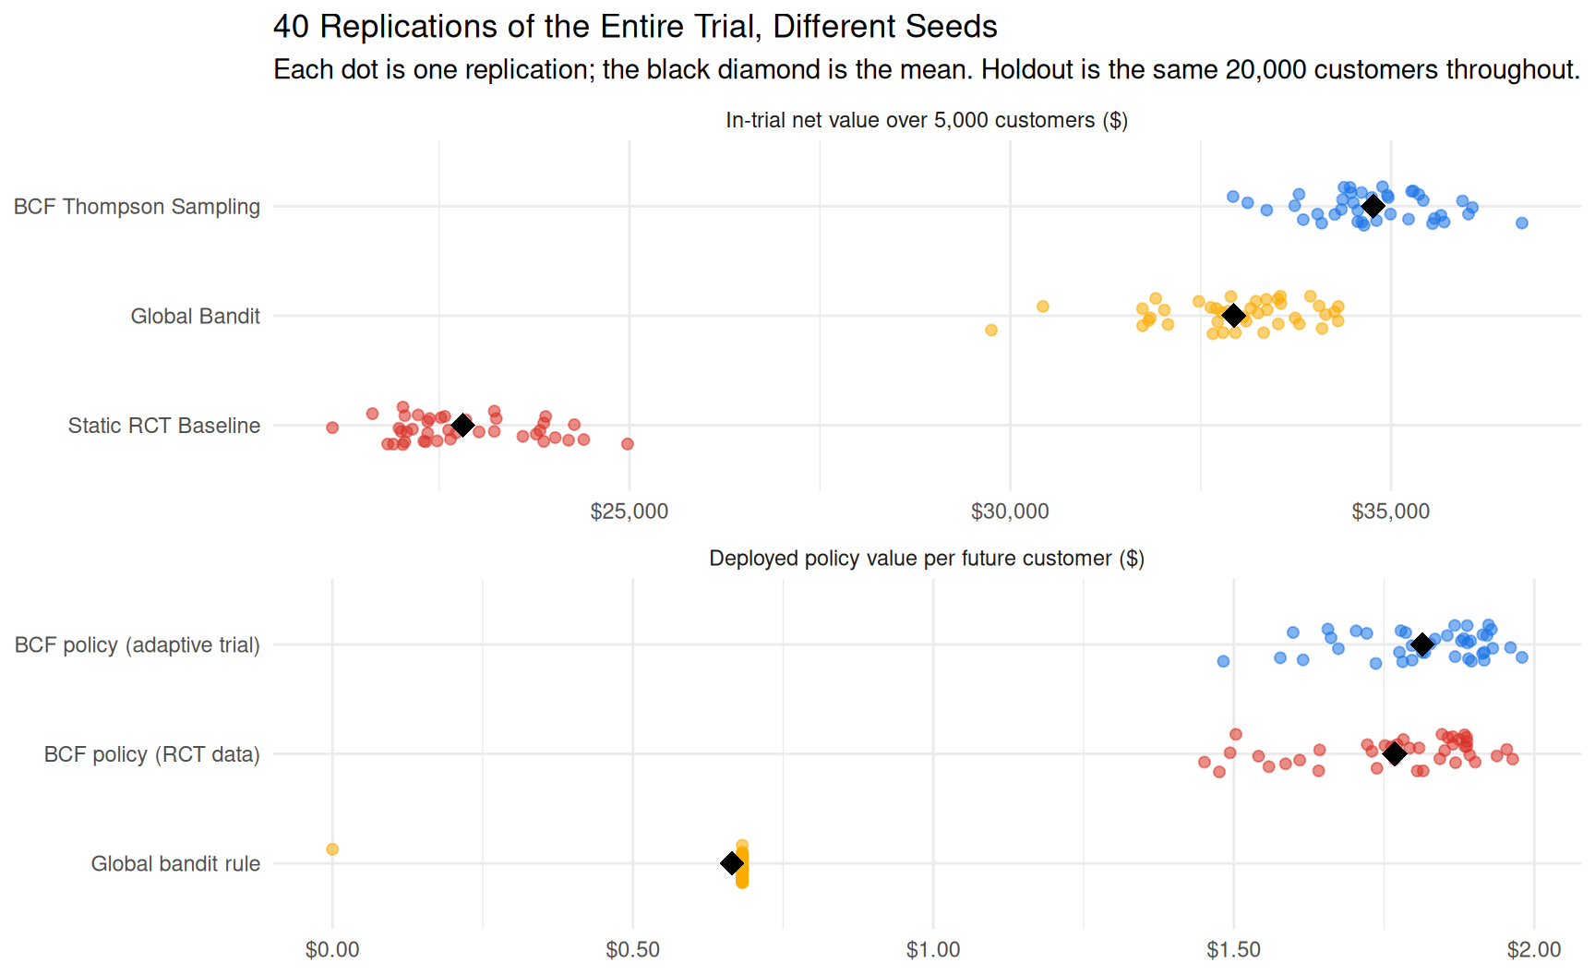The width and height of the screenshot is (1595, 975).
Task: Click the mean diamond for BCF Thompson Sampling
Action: [x=1373, y=206]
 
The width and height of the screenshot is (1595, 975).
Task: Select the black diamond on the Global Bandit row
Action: [x=1234, y=316]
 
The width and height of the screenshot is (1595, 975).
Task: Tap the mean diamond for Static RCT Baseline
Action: [x=463, y=425]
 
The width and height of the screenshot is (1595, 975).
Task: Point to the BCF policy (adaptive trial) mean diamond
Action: [x=1422, y=644]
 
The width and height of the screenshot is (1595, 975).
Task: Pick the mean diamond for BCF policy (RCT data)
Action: [x=1395, y=754]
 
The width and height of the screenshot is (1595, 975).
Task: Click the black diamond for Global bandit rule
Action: [x=732, y=863]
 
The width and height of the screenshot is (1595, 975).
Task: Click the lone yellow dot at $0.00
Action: [x=332, y=849]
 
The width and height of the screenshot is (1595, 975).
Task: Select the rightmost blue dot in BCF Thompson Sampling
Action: [x=1522, y=223]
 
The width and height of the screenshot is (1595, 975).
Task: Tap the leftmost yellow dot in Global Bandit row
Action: [x=991, y=330]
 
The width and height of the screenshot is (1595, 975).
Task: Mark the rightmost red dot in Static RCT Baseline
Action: [x=628, y=444]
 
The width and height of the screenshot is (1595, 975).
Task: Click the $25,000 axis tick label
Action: [x=630, y=512]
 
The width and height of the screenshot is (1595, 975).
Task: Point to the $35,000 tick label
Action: [x=1391, y=512]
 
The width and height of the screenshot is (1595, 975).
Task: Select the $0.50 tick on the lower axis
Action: [x=633, y=950]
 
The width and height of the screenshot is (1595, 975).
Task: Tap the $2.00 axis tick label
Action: [x=1534, y=950]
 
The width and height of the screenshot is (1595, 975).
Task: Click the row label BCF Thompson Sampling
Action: [x=137, y=207]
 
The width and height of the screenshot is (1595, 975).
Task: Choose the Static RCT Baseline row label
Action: [x=164, y=426]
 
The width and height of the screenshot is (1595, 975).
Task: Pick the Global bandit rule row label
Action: [x=175, y=864]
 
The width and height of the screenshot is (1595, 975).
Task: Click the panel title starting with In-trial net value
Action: [x=927, y=121]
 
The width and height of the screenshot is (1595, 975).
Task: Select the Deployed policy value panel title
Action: [x=927, y=559]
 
